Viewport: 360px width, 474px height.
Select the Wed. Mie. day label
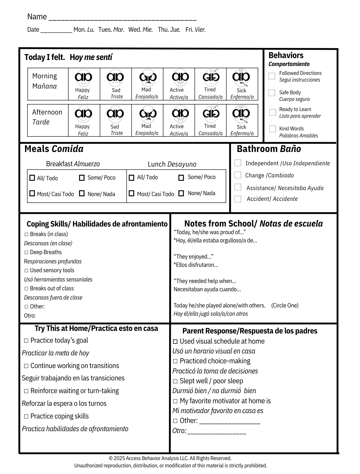click(140, 30)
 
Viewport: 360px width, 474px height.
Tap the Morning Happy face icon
click(83, 77)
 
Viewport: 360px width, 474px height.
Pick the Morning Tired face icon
click(211, 77)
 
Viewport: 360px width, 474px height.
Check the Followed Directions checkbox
click(272, 76)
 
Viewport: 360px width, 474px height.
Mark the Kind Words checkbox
click(272, 129)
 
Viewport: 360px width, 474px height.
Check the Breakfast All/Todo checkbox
click(32, 178)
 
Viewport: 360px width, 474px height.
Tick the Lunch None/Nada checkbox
click(181, 193)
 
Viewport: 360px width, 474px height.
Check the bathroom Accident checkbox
click(238, 199)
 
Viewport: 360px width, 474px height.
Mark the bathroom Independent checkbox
click(238, 163)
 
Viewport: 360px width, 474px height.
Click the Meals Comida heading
click(54, 149)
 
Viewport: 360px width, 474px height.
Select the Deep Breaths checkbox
click(26, 253)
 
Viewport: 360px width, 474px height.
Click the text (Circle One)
click(285, 306)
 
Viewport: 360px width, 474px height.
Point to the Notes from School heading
click(253, 224)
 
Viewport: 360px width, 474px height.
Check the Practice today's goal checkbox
click(26, 341)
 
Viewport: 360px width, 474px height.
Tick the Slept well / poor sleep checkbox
click(175, 381)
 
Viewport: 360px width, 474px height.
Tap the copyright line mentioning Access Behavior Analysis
click(170, 458)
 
